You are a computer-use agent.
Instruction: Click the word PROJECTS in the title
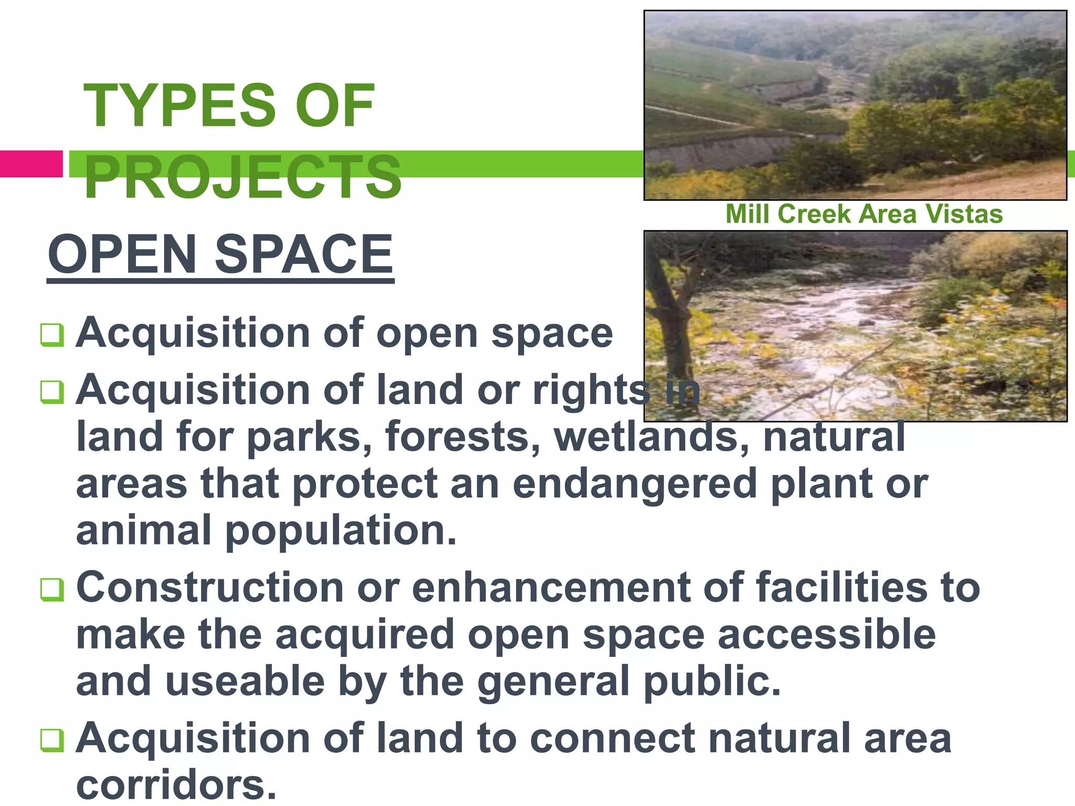(243, 177)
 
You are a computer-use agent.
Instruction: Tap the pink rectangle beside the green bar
(30, 164)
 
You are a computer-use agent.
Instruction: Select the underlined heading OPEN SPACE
(220, 255)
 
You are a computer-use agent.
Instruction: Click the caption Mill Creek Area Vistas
(863, 214)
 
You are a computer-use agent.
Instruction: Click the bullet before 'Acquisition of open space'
(52, 335)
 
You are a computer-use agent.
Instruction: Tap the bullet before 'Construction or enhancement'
(52, 590)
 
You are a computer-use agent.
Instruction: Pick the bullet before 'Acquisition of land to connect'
(52, 740)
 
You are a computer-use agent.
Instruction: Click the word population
(341, 530)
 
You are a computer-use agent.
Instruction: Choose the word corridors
(176, 784)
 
